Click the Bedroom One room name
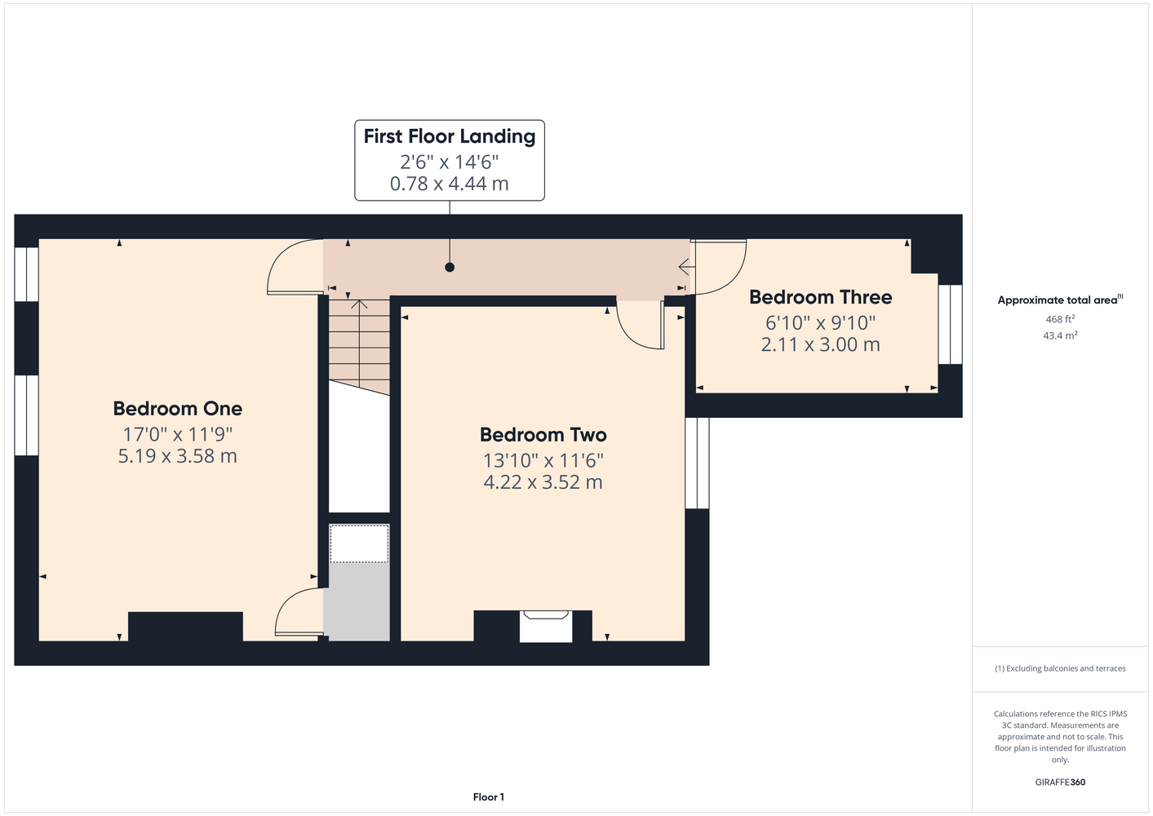tap(178, 408)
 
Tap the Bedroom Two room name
tap(543, 434)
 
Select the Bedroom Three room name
tap(821, 297)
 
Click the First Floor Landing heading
tap(450, 136)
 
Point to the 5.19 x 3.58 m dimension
tap(178, 455)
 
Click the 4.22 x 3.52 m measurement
tap(543, 482)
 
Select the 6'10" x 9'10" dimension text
tap(821, 323)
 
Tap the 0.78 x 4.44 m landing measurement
tap(450, 184)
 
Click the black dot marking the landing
tap(450, 267)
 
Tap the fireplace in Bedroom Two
tap(546, 626)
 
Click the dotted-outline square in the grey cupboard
tap(359, 543)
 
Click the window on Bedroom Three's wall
tap(950, 324)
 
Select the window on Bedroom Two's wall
tap(698, 463)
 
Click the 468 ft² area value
tap(1060, 319)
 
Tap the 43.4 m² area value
tap(1060, 335)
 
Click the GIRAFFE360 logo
tap(1060, 782)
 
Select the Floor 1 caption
tap(489, 797)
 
